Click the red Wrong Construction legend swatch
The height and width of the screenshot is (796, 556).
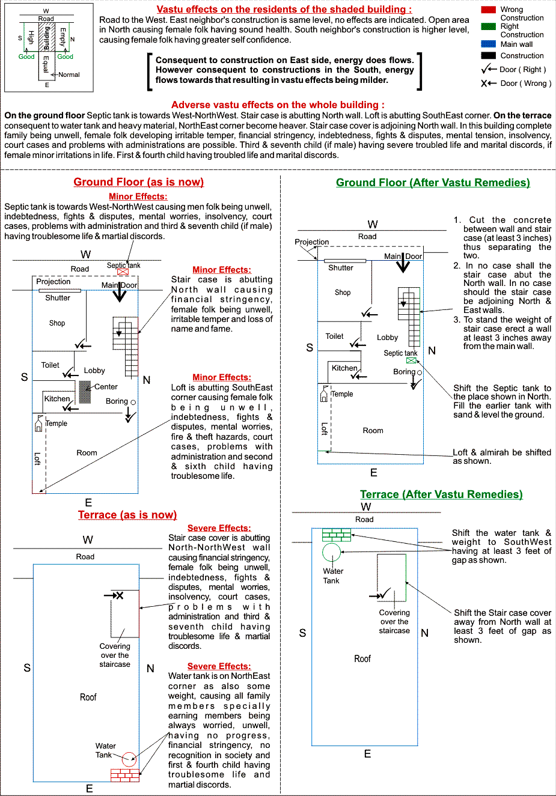click(x=488, y=10)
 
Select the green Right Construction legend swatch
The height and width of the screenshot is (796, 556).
click(x=488, y=26)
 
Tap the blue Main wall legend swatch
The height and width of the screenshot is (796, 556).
click(x=488, y=44)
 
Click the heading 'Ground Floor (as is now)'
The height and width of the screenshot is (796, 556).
click(x=138, y=182)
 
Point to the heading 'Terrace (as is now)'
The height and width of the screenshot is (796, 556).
click(x=127, y=515)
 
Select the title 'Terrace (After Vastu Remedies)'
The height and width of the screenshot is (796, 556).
click(x=441, y=494)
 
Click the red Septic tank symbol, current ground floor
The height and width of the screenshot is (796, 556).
click(x=123, y=272)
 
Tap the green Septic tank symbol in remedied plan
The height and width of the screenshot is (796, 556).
click(x=411, y=361)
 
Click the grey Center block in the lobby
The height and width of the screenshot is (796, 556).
click(x=85, y=392)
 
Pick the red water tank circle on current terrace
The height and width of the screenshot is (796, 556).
click(x=129, y=759)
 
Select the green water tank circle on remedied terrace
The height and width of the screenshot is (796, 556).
click(x=331, y=551)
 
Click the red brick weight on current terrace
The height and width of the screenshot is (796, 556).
click(x=124, y=775)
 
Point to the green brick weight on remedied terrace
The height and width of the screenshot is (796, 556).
click(x=337, y=535)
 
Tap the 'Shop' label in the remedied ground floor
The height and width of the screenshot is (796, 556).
click(x=343, y=293)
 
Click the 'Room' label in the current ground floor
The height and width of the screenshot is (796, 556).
click(x=87, y=453)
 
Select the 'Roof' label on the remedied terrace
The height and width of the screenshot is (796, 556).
click(x=362, y=659)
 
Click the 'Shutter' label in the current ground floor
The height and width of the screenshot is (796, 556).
click(x=58, y=298)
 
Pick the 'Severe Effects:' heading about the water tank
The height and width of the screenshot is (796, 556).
click(x=219, y=666)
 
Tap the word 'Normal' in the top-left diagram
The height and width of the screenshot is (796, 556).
click(x=69, y=74)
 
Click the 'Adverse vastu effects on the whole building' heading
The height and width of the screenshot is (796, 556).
click(x=278, y=105)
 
